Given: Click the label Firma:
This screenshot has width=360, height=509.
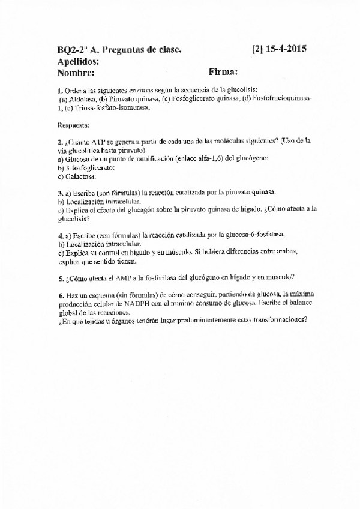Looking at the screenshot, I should pyautogui.click(x=223, y=73).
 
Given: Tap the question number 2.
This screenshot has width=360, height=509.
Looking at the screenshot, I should pyautogui.click(x=60, y=142).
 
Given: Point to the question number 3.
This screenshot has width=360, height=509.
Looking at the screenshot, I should pyautogui.click(x=60, y=193).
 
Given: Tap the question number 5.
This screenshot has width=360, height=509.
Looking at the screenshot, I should pyautogui.click(x=60, y=277).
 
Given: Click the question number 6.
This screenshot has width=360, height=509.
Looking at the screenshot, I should pyautogui.click(x=60, y=295).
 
